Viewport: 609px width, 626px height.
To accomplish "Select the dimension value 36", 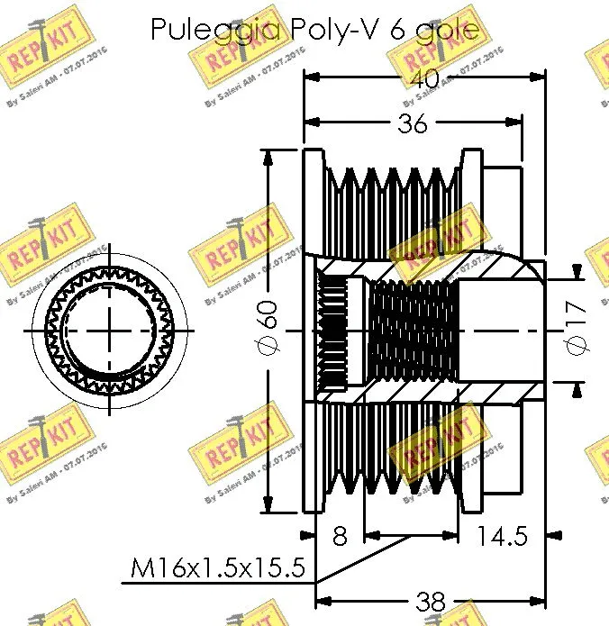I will pyautogui.click(x=413, y=123).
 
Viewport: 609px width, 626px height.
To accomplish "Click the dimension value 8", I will pyautogui.click(x=340, y=537).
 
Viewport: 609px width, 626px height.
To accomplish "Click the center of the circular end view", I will pyautogui.click(x=110, y=331).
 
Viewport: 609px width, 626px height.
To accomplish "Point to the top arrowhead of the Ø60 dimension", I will pyautogui.click(x=268, y=156).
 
